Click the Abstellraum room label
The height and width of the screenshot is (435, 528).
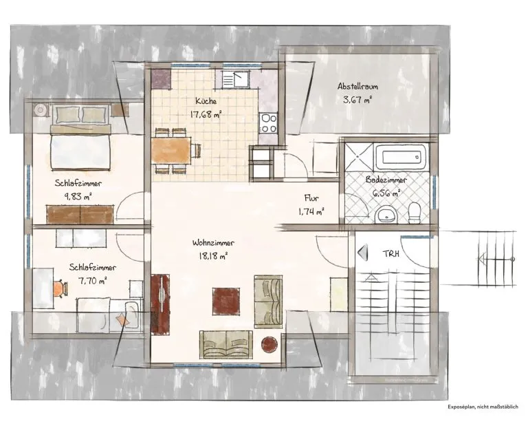[x=357, y=86]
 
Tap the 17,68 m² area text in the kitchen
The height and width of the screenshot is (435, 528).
[x=206, y=114]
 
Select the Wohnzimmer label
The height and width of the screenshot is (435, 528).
[x=213, y=243]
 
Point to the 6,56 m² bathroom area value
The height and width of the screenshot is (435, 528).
[x=386, y=193]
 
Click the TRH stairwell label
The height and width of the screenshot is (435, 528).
[x=391, y=253]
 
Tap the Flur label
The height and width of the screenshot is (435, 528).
[x=311, y=198]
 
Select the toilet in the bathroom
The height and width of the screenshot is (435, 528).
[x=414, y=213]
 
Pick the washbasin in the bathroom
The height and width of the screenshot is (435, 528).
[x=386, y=215]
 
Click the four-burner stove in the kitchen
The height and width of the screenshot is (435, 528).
[x=268, y=123]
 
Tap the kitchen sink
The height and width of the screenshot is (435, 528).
[x=235, y=80]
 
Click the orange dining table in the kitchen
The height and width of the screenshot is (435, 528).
[x=171, y=151]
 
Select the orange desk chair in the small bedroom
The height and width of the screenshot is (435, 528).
[x=60, y=288]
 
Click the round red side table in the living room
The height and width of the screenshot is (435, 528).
[x=270, y=344]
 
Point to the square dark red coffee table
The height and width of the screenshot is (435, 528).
[x=226, y=301]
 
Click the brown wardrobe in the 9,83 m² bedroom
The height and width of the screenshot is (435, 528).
[x=80, y=214]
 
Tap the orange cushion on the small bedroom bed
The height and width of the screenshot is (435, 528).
[x=122, y=319]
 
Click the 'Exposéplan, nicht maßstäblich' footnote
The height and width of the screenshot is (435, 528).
[x=483, y=407]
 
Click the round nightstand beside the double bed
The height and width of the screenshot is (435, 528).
[x=41, y=110]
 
